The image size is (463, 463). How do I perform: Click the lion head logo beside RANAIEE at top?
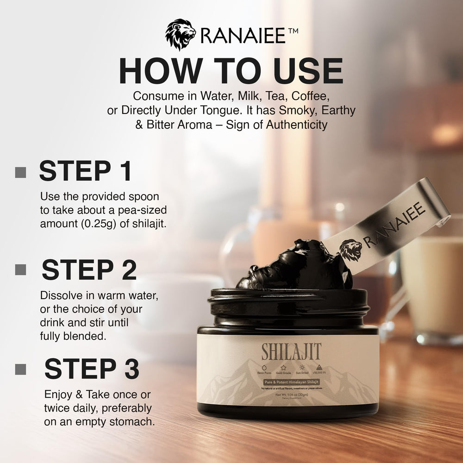180,35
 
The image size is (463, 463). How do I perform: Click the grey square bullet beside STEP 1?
20,172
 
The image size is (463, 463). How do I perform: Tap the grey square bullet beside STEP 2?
20,270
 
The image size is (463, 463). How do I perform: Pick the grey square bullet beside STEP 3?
20,369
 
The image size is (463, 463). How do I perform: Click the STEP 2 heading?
89,270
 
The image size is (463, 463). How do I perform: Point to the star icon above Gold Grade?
283,368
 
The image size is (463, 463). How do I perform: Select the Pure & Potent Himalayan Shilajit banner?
288,381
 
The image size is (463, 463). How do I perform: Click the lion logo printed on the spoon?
350,250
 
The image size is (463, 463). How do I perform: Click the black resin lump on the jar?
292,266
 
